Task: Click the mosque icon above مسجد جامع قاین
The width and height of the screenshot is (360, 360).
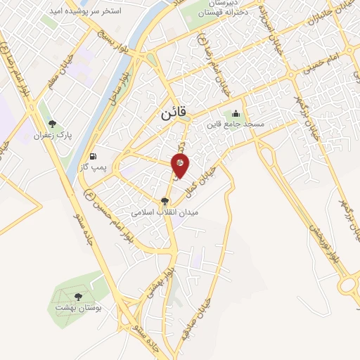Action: [235, 114]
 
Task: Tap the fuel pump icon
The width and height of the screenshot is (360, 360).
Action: [94, 157]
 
